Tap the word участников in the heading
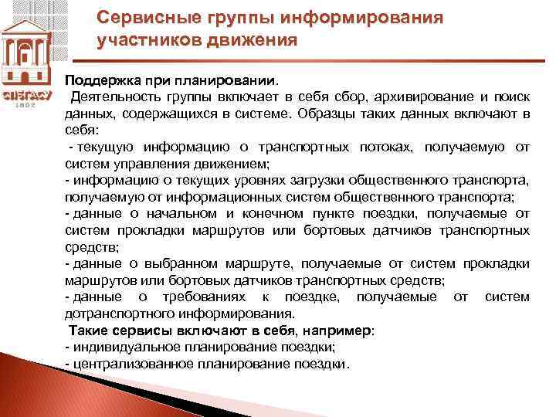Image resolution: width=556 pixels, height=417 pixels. point(146,40)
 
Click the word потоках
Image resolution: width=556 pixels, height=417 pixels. point(391,147)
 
